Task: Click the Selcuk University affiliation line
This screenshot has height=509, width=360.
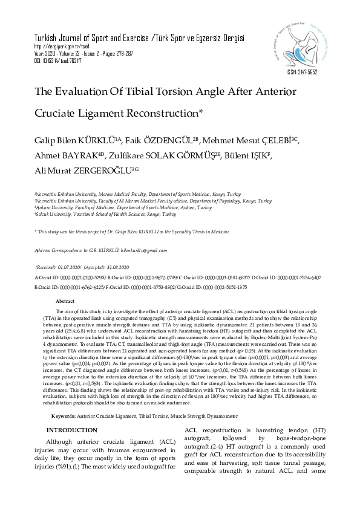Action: [x=105, y=214]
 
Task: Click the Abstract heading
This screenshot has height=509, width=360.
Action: [x=65, y=301]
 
